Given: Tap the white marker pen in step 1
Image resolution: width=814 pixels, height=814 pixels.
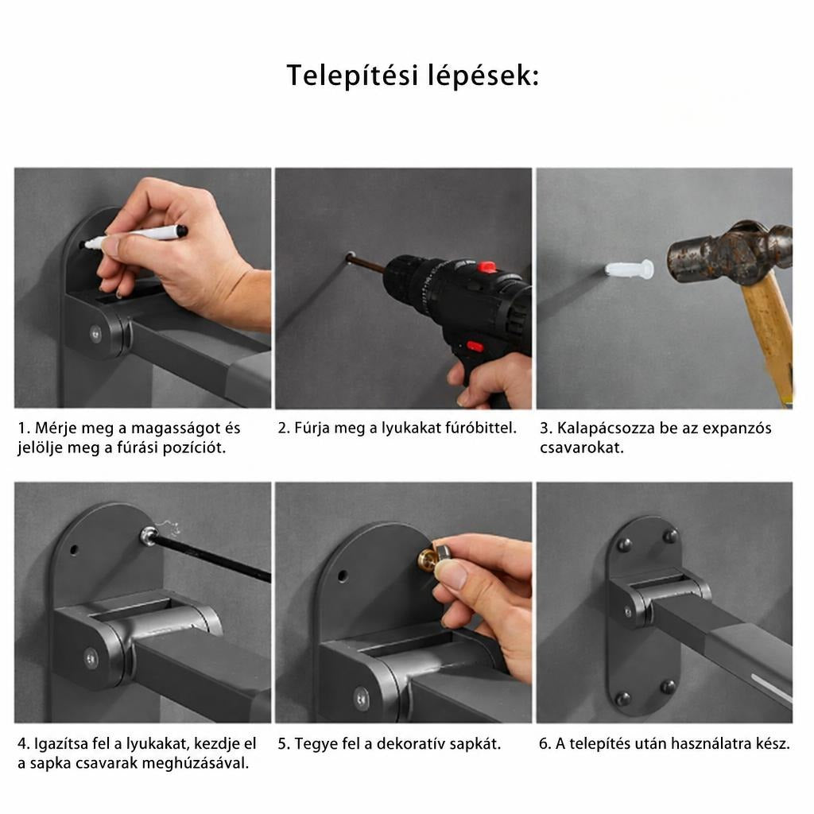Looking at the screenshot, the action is point(136,236).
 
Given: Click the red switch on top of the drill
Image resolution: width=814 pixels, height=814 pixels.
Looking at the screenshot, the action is point(486,267).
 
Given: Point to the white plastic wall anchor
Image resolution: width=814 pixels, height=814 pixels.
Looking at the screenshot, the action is point(630,270).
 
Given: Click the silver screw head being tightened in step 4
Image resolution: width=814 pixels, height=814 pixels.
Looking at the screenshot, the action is point(149,535).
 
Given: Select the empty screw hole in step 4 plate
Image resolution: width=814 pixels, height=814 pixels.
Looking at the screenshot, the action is point(74,549).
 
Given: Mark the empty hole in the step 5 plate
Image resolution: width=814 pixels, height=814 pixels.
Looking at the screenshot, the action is point(342,576).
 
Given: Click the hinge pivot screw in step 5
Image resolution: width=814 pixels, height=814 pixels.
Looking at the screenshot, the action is point(362,698).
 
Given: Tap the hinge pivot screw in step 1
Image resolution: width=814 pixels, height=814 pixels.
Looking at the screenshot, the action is point(95,333).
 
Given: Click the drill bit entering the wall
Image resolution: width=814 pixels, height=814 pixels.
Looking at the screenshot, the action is point(366,262).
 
